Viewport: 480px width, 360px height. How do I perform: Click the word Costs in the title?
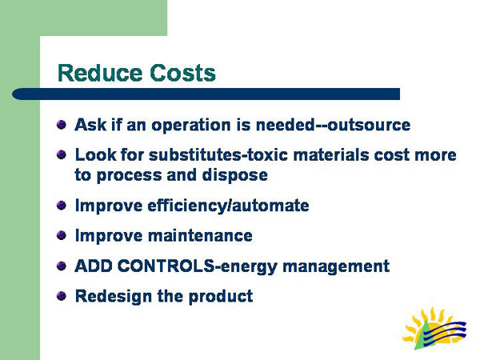[x=183, y=74]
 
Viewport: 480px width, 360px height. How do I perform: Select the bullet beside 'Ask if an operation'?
[x=62, y=125]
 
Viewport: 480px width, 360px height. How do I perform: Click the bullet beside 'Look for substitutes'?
[x=62, y=154]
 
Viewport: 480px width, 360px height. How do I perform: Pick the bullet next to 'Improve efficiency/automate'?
[x=62, y=206]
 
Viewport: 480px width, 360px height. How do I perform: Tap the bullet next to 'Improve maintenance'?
[x=62, y=236]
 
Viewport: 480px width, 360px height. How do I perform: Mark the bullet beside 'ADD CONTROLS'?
[x=62, y=266]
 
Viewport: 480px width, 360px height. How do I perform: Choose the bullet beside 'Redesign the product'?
[x=62, y=296]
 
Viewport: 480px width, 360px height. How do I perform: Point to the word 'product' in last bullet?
[x=219, y=296]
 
